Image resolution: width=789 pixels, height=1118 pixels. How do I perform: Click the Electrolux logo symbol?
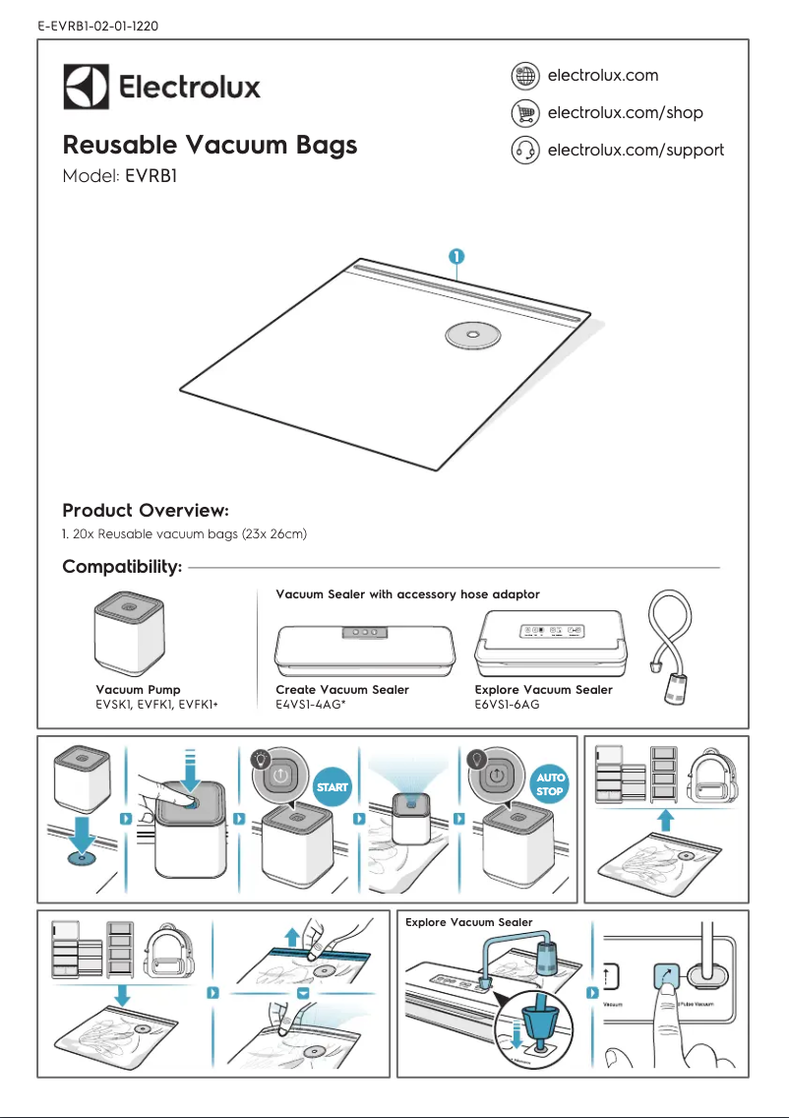[x=86, y=87]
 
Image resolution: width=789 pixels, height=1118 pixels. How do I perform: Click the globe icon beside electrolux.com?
[x=525, y=76]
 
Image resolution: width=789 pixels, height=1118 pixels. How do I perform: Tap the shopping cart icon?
[x=525, y=113]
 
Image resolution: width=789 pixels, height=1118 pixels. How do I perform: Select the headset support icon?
[x=525, y=151]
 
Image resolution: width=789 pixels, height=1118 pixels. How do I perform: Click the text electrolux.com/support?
[x=635, y=151]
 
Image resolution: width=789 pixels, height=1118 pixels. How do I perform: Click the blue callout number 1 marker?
[x=457, y=256]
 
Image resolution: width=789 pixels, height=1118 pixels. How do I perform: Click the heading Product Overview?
[x=146, y=511]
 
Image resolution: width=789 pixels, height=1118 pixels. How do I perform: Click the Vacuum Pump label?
[x=138, y=690]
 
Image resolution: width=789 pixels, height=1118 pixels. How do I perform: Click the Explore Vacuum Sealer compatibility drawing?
[x=554, y=645]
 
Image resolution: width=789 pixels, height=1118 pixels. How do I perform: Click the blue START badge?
[x=332, y=787]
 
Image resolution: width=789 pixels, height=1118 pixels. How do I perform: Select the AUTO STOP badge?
[x=550, y=784]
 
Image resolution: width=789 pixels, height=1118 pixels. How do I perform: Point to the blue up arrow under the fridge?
[x=665, y=817]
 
